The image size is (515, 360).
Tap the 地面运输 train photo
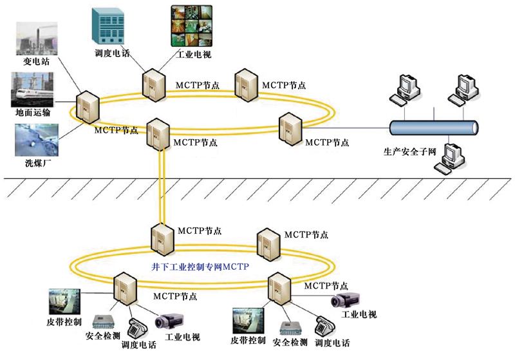pos(33,89)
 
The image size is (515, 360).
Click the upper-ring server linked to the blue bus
pos(290,128)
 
